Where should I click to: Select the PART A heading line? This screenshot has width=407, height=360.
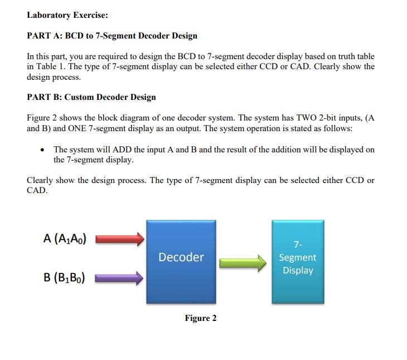pos(112,36)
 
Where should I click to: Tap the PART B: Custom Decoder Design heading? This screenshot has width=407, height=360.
pos(91,97)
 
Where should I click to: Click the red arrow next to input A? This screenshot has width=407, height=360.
pos(120,239)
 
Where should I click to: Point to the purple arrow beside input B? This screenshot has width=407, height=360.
pos(120,277)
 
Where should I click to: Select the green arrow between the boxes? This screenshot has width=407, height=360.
pos(243,262)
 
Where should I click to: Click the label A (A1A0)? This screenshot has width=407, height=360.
pos(64,238)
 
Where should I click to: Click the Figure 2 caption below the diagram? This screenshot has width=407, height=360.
pos(201,318)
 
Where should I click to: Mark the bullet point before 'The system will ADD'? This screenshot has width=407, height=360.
pos(43,150)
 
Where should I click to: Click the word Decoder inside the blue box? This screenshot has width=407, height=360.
pos(181,257)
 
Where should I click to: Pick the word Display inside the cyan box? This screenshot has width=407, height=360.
pos(298,270)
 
